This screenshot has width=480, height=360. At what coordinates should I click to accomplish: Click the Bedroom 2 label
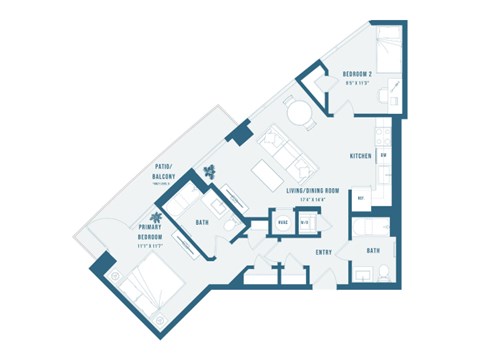click(357, 75)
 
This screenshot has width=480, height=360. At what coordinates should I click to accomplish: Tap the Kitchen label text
click(361, 157)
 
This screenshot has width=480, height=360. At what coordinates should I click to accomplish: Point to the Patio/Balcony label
click(165, 173)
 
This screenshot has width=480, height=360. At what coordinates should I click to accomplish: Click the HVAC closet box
click(284, 222)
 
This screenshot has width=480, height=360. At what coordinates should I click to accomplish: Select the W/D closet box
click(306, 222)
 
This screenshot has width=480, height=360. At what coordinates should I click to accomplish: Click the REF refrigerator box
click(360, 198)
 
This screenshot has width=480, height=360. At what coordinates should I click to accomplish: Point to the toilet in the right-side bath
click(387, 271)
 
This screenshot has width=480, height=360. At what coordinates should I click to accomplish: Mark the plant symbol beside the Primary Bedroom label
click(157, 215)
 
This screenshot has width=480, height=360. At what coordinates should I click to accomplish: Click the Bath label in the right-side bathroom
click(373, 251)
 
